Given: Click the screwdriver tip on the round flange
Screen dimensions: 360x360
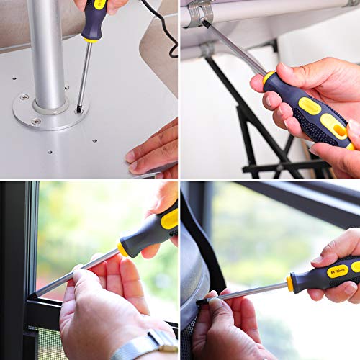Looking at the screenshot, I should [x=78, y=109].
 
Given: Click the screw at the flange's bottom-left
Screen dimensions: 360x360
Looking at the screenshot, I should [x=37, y=121].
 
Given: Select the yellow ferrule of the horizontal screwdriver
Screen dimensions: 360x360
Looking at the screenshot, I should [x=289, y=283].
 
